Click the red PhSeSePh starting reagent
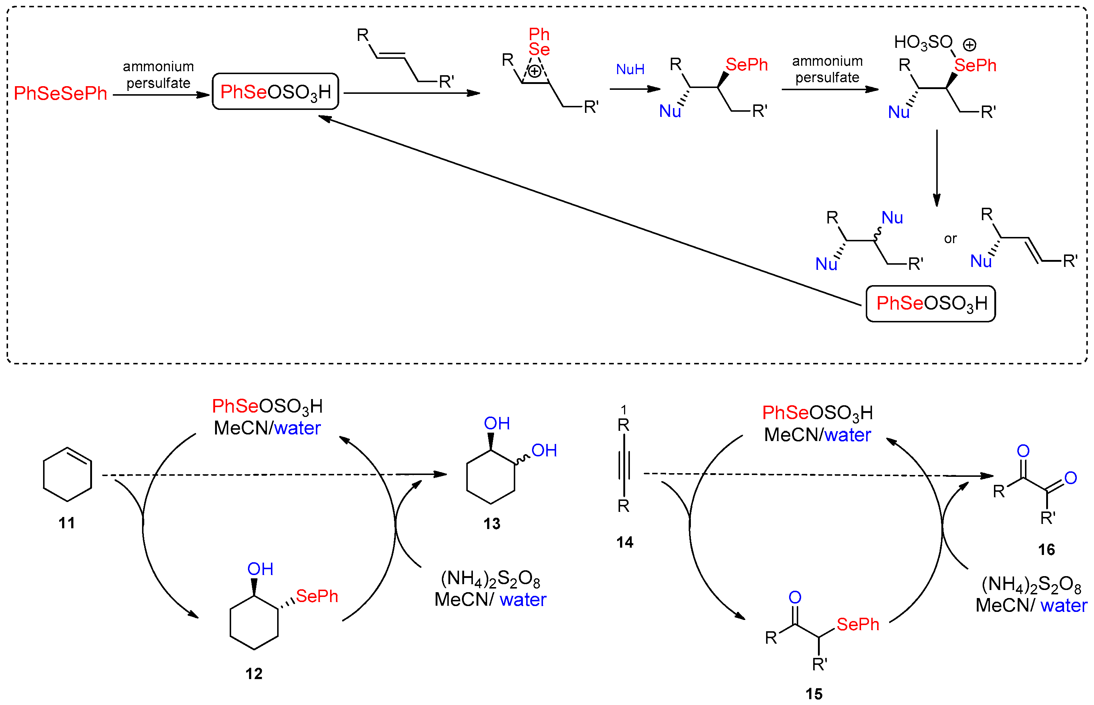pyautogui.click(x=60, y=93)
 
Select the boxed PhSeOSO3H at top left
pyautogui.click(x=275, y=92)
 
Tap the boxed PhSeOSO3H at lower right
pyautogui.click(x=930, y=303)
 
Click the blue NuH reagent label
pyautogui.click(x=630, y=70)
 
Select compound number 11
pyautogui.click(x=67, y=523)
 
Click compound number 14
pyautogui.click(x=624, y=542)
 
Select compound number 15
pyautogui.click(x=814, y=694)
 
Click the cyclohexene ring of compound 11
pyautogui.click(x=67, y=475)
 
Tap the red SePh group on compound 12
pyautogui.click(x=317, y=596)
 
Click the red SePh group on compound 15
pyautogui.click(x=857, y=624)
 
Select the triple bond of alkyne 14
pyautogui.click(x=624, y=465)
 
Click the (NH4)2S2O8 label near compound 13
pyautogui.click(x=490, y=579)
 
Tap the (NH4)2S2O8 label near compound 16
pyautogui.click(x=1031, y=585)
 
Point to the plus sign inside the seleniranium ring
pyautogui.click(x=534, y=71)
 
